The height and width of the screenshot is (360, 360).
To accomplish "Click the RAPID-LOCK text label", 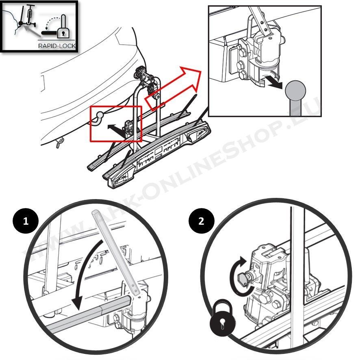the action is coord(57,46).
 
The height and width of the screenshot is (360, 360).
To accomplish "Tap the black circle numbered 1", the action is coord(26,221).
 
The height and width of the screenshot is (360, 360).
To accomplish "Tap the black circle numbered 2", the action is coord(202,221).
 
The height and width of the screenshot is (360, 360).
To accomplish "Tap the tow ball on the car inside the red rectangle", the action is coord(100,114).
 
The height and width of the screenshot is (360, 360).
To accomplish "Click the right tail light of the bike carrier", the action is coord(198,134).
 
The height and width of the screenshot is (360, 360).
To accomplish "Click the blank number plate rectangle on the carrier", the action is coord(158,152).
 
